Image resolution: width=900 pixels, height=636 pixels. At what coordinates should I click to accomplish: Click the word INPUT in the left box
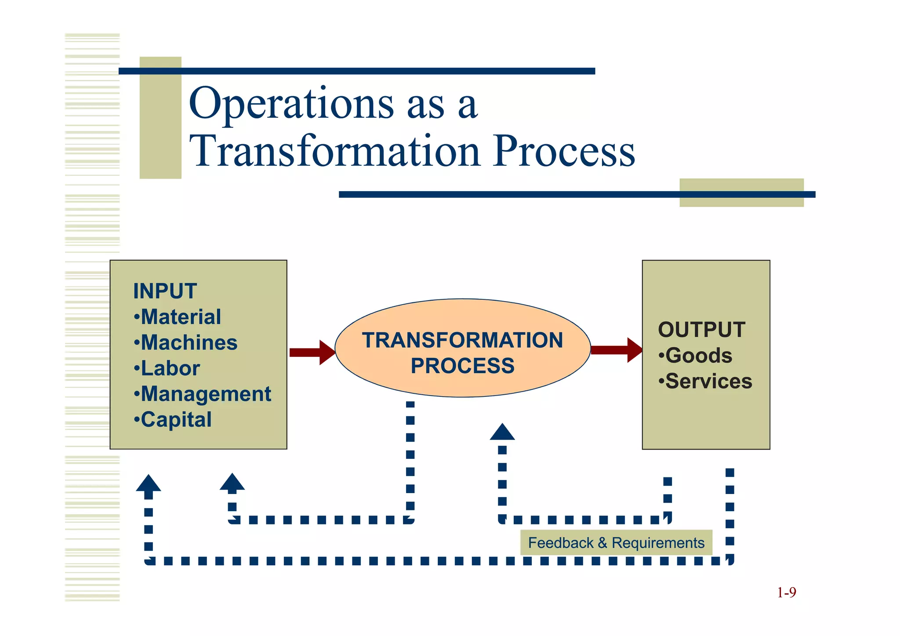[165, 291]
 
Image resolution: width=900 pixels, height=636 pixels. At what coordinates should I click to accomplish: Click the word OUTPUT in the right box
[701, 330]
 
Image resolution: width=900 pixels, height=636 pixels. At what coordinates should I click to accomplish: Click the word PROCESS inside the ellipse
[462, 366]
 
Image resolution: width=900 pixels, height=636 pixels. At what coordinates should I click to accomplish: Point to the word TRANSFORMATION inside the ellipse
[462, 340]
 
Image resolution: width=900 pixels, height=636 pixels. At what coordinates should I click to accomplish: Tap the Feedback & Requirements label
[616, 543]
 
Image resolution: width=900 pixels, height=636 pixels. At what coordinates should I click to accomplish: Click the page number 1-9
[786, 592]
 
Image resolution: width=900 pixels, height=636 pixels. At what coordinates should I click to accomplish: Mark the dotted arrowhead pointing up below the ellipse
[502, 432]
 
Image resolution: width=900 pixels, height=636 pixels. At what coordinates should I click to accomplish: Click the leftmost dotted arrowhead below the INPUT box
[149, 483]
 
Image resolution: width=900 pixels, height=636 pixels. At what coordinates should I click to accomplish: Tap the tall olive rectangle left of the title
[160, 118]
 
